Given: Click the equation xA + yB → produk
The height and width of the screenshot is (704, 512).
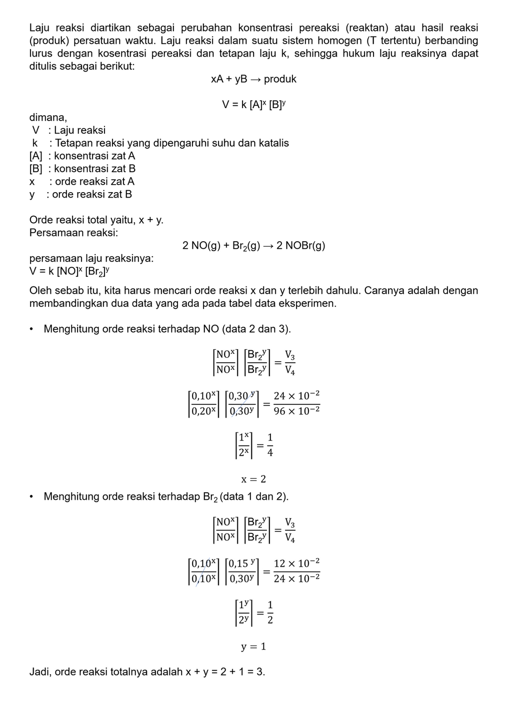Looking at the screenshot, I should [x=253, y=79].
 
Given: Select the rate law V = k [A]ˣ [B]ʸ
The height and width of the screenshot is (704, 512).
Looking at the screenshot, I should [x=253, y=105].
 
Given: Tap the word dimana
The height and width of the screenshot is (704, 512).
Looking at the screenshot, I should [x=47, y=118].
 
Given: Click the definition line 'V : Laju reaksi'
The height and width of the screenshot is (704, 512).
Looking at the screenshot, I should [x=68, y=130].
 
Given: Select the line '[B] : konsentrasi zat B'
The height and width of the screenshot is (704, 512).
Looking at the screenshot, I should [x=82, y=169].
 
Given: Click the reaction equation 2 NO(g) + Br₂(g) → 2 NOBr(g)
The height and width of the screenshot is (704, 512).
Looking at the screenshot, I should [x=253, y=246].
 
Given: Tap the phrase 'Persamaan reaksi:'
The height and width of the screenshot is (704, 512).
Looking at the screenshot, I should [x=73, y=233].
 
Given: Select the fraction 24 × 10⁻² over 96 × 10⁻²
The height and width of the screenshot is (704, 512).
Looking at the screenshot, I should [x=296, y=403].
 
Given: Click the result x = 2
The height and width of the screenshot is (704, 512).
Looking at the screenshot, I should [x=253, y=479].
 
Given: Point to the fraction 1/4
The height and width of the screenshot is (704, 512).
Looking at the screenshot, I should [x=270, y=445].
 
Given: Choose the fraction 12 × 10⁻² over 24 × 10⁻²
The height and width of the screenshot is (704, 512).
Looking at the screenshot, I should [x=296, y=571].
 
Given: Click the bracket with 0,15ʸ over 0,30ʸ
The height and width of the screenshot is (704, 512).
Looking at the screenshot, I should [x=242, y=571].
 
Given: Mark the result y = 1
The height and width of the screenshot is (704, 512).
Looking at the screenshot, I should [x=253, y=646].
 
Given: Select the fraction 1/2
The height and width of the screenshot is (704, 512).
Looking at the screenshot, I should [x=270, y=613].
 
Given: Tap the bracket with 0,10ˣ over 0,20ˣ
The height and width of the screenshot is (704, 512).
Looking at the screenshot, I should [x=203, y=403].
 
